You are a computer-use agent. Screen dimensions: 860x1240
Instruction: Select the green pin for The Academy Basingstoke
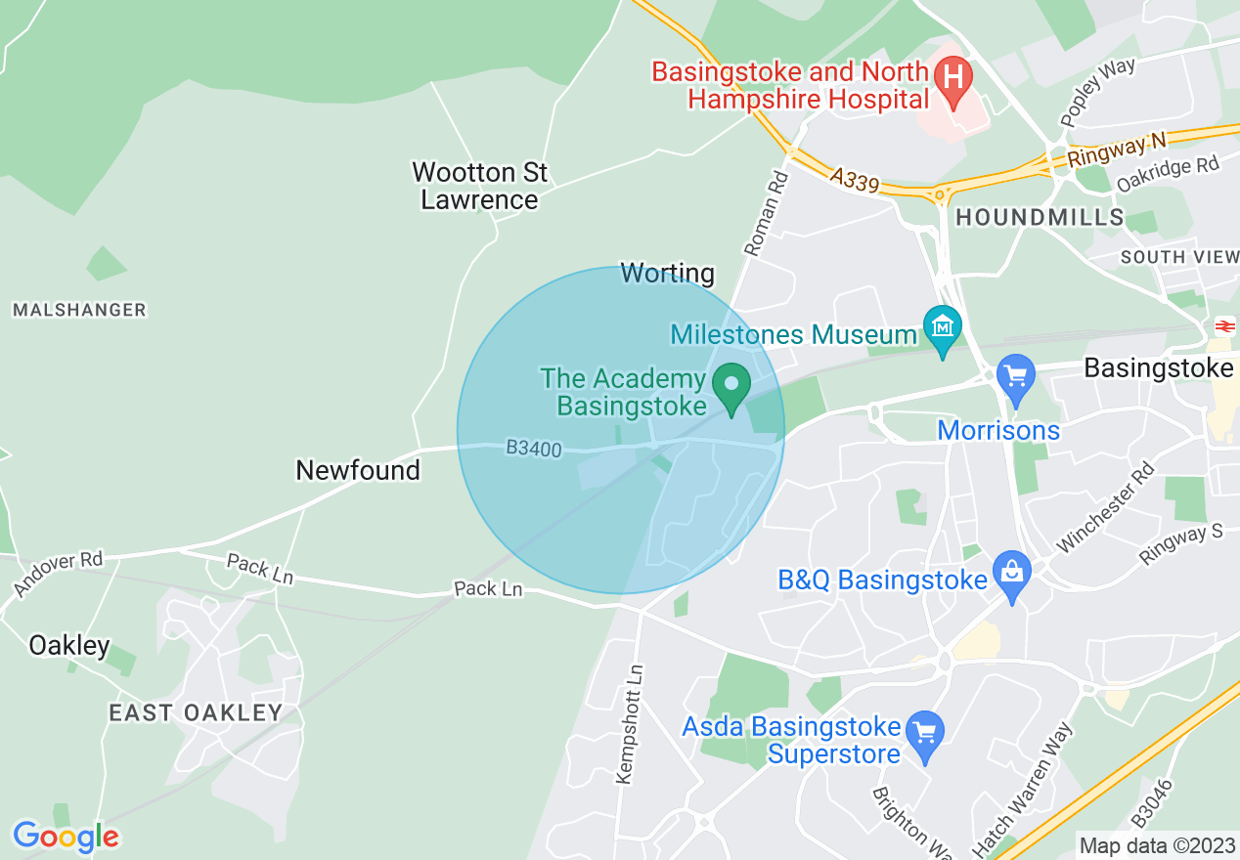pyautogui.click(x=731, y=383)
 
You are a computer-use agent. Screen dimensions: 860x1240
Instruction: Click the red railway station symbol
pyautogui.click(x=1224, y=325)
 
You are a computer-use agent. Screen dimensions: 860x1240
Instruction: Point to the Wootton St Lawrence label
pyautogui.click(x=479, y=186)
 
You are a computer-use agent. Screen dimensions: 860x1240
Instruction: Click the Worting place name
pyautogui.click(x=668, y=274)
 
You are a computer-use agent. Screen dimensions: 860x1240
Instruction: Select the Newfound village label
pyautogui.click(x=358, y=470)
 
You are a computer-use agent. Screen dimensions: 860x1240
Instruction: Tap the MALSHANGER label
pyautogui.click(x=79, y=310)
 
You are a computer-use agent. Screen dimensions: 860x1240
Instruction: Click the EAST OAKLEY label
pyautogui.click(x=196, y=712)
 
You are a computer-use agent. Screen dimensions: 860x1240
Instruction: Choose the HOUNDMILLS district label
pyautogui.click(x=1040, y=217)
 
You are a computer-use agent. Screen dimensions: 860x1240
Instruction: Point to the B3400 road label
pyautogui.click(x=534, y=449)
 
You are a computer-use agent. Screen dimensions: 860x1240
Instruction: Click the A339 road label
pyautogui.click(x=855, y=180)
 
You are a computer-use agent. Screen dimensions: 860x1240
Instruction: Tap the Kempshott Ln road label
pyautogui.click(x=631, y=724)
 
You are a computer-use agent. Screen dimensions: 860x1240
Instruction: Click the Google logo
pyautogui.click(x=66, y=837)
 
